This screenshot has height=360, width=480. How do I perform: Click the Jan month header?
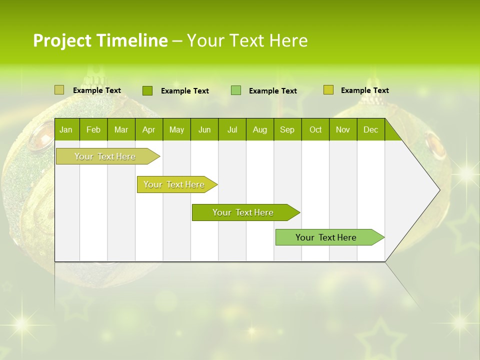tap(66, 130)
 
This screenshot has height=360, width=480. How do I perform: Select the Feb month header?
tap(93, 130)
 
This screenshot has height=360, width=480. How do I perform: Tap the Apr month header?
tap(148, 130)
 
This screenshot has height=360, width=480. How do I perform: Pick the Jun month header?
tap(204, 130)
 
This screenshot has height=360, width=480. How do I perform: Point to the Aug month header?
tap(260, 130)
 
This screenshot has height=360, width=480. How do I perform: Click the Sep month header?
tap(287, 130)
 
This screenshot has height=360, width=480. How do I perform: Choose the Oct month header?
tap(315, 130)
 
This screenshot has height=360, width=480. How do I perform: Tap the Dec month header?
tap(370, 130)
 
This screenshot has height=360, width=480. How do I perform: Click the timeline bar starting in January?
tap(105, 156)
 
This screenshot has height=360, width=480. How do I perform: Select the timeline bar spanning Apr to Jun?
tap(174, 184)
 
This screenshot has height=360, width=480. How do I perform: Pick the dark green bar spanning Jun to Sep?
tap(243, 212)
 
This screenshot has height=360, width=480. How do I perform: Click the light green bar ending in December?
tap(326, 237)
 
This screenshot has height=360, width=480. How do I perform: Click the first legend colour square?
tap(59, 90)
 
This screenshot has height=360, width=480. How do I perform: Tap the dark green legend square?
tap(147, 90)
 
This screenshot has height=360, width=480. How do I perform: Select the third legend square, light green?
tap(236, 90)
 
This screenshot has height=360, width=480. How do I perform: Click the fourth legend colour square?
tap(328, 90)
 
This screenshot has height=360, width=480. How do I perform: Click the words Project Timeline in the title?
tap(100, 40)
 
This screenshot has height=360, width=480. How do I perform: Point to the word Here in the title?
tap(288, 40)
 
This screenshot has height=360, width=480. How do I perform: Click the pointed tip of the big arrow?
tap(438, 190)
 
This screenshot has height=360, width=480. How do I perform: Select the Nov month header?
tap(343, 130)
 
